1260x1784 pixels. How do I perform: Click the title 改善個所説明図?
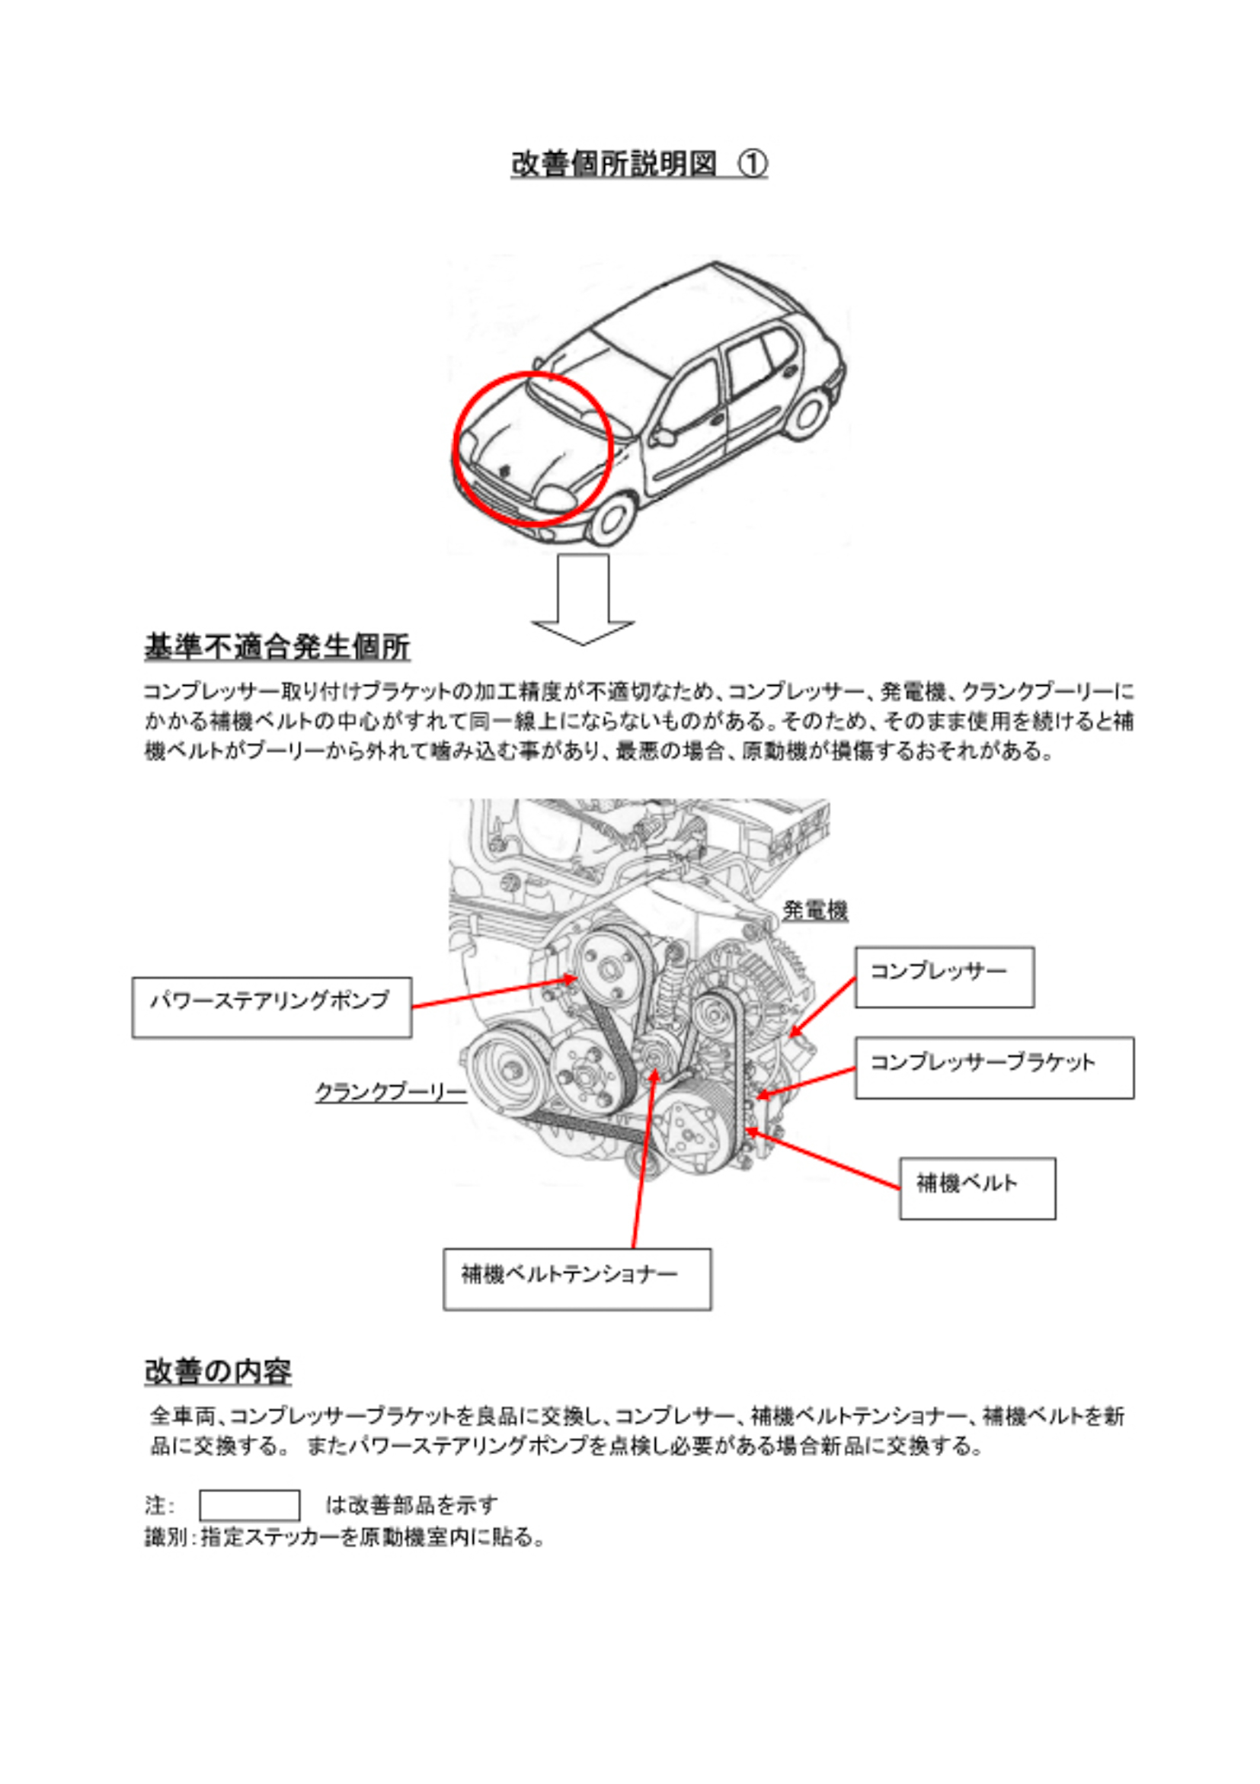pyautogui.click(x=614, y=164)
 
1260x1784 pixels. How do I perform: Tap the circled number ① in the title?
pyautogui.click(x=752, y=164)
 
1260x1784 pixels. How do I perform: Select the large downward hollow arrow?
pyautogui.click(x=583, y=599)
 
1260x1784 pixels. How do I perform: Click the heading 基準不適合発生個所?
pyautogui.click(x=277, y=646)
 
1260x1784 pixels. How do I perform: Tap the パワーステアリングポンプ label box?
pyautogui.click(x=272, y=1007)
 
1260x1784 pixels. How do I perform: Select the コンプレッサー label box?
pyautogui.click(x=944, y=977)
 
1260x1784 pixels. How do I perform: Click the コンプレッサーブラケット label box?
pyautogui.click(x=994, y=1068)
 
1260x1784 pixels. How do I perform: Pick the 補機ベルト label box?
pyautogui.click(x=977, y=1188)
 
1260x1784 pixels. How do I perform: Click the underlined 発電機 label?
pyautogui.click(x=815, y=910)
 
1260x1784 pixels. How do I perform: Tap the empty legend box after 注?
pyautogui.click(x=249, y=1505)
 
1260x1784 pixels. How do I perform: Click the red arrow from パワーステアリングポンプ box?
pyautogui.click(x=494, y=993)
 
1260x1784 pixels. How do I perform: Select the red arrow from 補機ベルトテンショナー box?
pyautogui.click(x=643, y=1161)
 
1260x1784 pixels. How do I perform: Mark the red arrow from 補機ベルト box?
pyautogui.click(x=823, y=1158)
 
